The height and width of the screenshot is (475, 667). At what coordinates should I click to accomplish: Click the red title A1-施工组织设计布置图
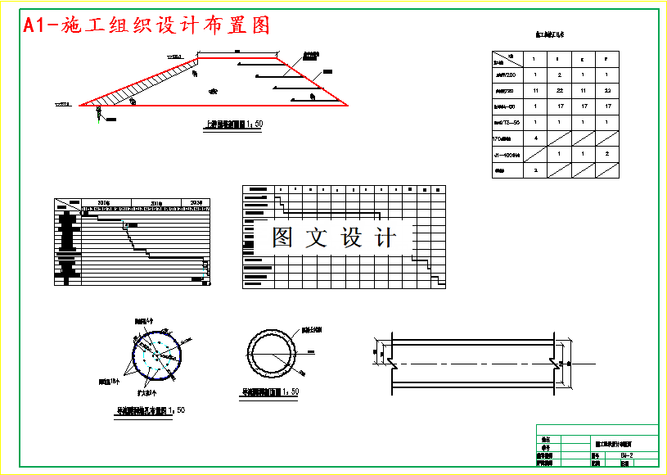(146, 26)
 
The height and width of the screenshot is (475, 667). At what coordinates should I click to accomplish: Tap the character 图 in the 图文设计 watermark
(284, 237)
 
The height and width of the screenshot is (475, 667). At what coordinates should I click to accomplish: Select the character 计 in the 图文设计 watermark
(384, 237)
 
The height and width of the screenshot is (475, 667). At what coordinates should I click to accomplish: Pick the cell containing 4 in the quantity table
(534, 138)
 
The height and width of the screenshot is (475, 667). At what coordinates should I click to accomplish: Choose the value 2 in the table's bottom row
(534, 170)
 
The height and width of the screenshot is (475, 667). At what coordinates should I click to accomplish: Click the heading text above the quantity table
(554, 35)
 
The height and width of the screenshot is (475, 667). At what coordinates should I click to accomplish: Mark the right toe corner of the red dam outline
(347, 106)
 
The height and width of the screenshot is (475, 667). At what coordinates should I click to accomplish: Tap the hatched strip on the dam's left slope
(139, 87)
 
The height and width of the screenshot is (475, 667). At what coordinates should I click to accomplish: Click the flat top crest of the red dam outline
(237, 57)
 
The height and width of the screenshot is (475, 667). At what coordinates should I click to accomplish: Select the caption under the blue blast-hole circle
(150, 409)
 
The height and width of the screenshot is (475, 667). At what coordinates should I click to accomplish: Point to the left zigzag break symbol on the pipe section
(392, 360)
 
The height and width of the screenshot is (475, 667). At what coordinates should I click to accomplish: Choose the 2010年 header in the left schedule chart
(103, 201)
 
